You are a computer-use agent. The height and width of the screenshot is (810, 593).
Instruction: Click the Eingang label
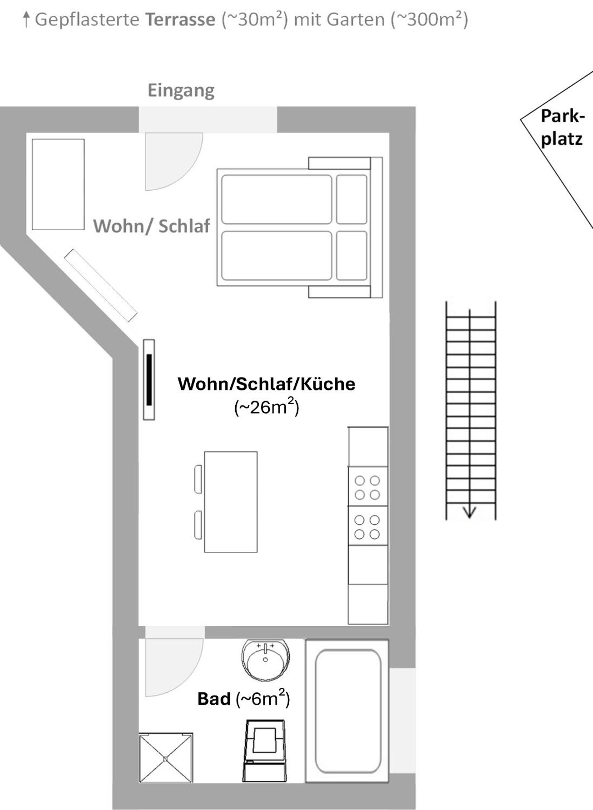(x=181, y=91)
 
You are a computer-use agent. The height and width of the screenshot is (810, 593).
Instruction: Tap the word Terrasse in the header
(x=180, y=19)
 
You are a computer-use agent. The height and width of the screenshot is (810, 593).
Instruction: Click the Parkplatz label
(x=563, y=127)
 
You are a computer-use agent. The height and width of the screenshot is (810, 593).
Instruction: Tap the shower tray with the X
(x=166, y=758)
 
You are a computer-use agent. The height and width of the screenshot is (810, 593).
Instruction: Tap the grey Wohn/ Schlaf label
(x=151, y=226)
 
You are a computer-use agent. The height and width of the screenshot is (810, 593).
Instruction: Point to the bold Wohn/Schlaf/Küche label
(x=266, y=384)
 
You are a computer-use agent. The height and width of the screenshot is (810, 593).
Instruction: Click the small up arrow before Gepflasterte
(x=26, y=19)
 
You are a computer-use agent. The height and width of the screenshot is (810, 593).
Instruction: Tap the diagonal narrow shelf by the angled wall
(x=101, y=285)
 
